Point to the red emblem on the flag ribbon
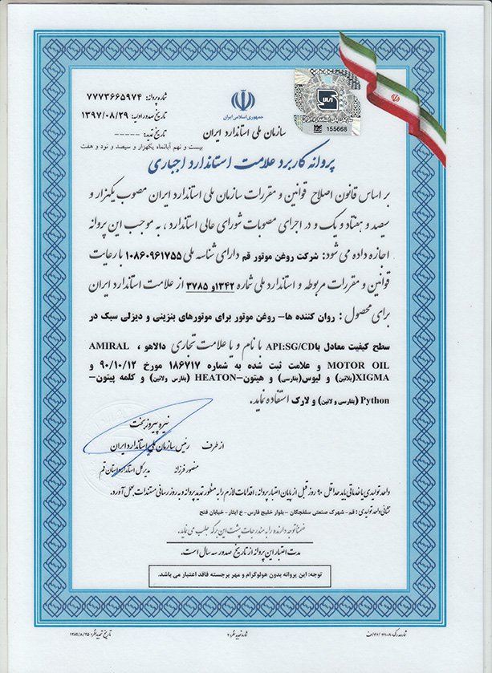coord(394,95)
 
